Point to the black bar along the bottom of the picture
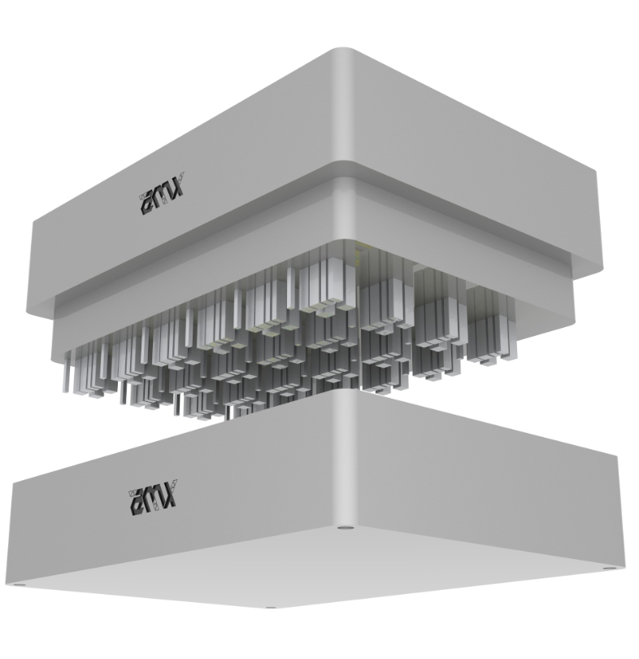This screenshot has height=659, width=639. [319, 639]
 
